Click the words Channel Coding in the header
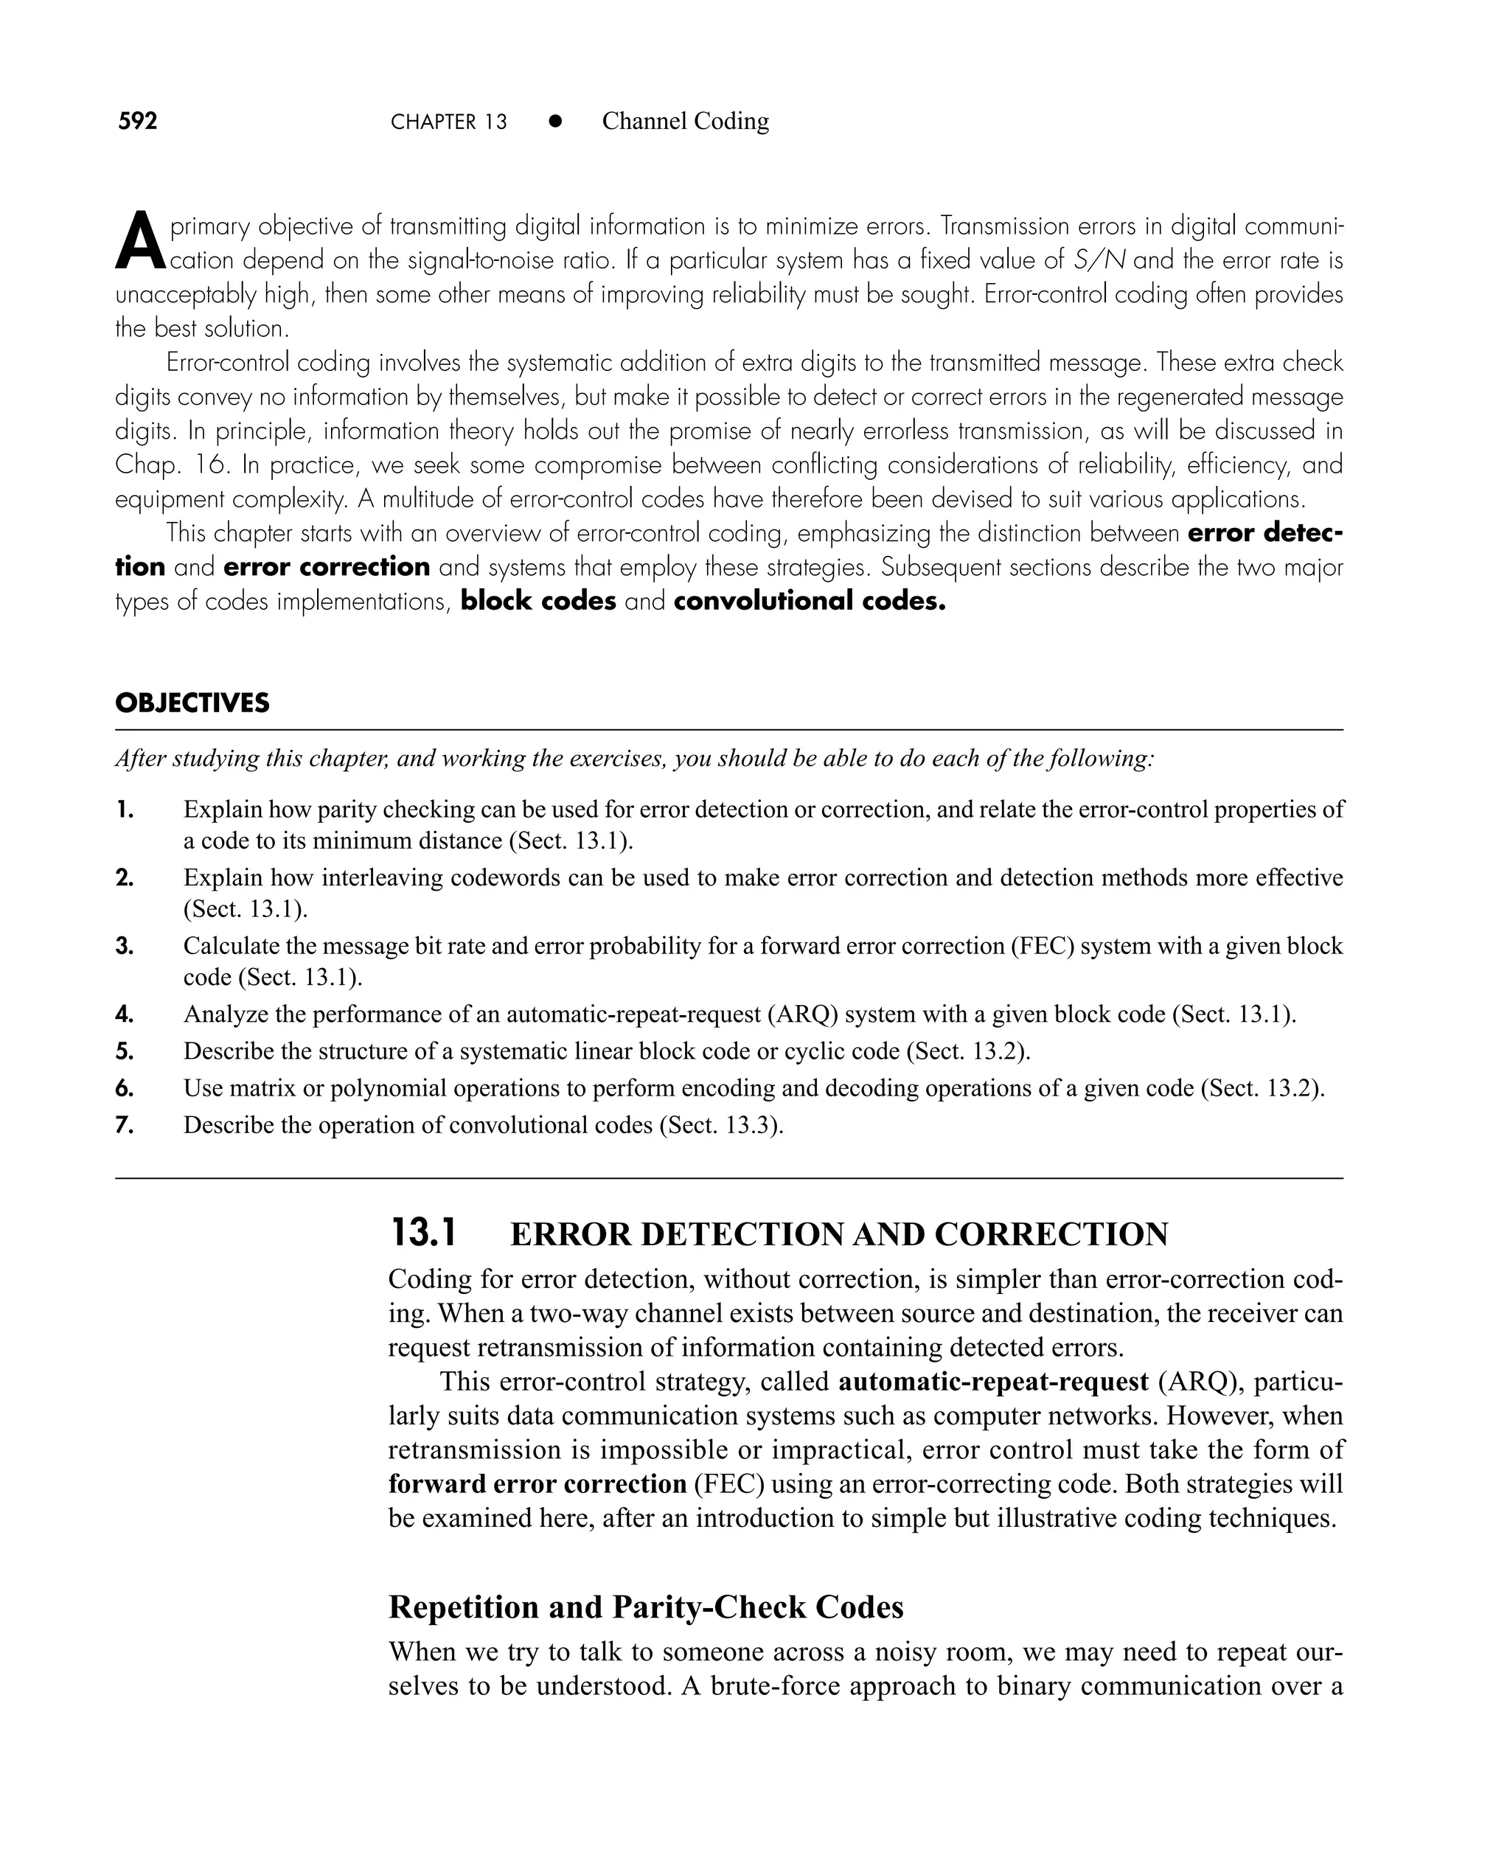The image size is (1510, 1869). point(686,121)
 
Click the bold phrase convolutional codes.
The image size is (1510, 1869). point(808,601)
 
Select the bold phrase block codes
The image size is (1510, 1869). point(538,601)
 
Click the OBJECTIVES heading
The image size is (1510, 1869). point(192,703)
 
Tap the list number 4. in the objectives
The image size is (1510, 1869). point(125,1014)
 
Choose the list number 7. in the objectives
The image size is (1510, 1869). point(125,1125)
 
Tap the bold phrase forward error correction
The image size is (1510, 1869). point(537,1483)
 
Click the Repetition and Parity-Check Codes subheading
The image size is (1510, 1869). point(645,1607)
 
